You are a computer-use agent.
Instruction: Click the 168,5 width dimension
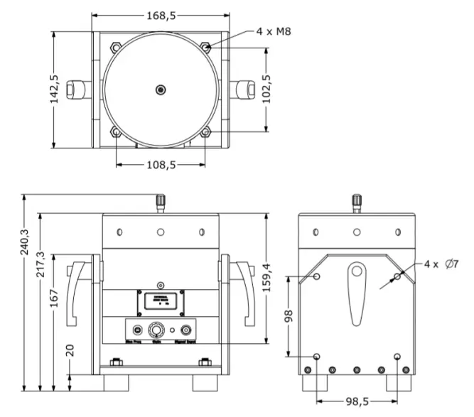coord(161,14)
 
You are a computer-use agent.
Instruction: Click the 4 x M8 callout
coord(273,32)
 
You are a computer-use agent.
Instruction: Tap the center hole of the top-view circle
coord(161,90)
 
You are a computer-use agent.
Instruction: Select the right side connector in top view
coord(244,89)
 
